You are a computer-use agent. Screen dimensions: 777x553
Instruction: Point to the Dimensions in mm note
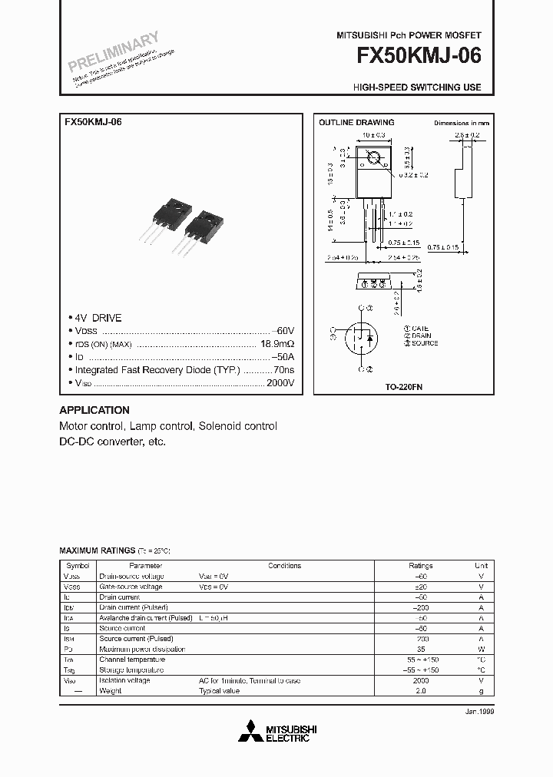tap(461, 123)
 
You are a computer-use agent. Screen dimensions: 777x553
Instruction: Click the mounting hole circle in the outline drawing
tap(374, 160)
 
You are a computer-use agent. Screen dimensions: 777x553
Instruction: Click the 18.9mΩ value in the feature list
tap(277, 345)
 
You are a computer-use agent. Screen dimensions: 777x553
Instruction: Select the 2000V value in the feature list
tap(280, 382)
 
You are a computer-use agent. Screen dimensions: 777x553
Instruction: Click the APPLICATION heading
tap(94, 410)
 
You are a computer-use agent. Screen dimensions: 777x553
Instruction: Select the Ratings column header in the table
tap(420, 565)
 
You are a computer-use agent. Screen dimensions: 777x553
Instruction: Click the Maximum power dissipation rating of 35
tap(420, 649)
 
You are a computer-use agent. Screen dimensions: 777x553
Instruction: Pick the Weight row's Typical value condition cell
tap(220, 691)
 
